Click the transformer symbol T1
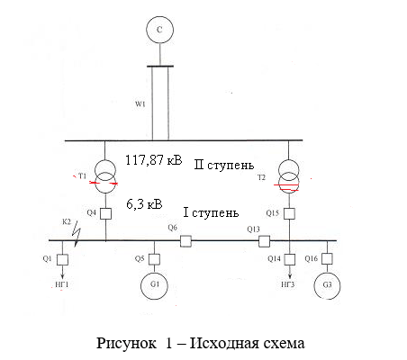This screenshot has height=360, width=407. point(105,176)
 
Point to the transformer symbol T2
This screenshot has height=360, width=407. point(289,176)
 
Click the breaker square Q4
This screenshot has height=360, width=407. point(105,214)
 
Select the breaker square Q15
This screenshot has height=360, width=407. point(289,213)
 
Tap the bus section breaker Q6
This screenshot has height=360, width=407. point(185,241)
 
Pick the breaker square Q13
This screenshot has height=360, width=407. point(264,241)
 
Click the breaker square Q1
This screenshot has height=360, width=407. point(62,259)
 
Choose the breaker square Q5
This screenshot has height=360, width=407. point(154,259)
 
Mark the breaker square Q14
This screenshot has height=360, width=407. point(290,259)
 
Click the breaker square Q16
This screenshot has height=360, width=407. point(327,258)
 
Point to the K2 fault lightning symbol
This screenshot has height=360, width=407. point(77,234)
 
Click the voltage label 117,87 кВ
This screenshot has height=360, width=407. point(154,160)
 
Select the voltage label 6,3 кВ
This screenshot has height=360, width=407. point(144,204)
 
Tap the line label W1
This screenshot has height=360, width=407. point(140,104)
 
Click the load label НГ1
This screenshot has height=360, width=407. point(62,284)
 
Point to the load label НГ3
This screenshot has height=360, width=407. point(288,284)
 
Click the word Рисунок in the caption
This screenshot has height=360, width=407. point(126,343)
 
